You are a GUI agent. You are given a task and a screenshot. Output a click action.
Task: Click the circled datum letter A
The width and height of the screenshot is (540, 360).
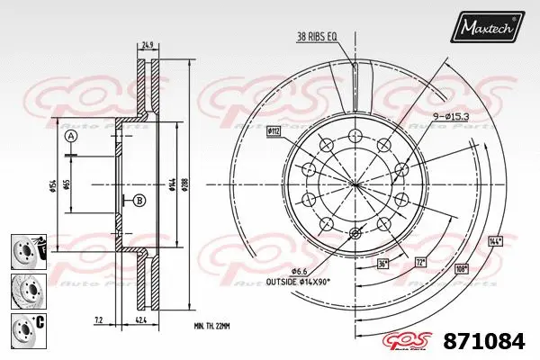coord(71,137)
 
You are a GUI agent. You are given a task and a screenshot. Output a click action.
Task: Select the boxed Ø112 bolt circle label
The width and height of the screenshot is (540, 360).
coord(275,131)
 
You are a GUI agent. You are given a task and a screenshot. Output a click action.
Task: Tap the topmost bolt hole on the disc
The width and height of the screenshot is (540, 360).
coord(355,136)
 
